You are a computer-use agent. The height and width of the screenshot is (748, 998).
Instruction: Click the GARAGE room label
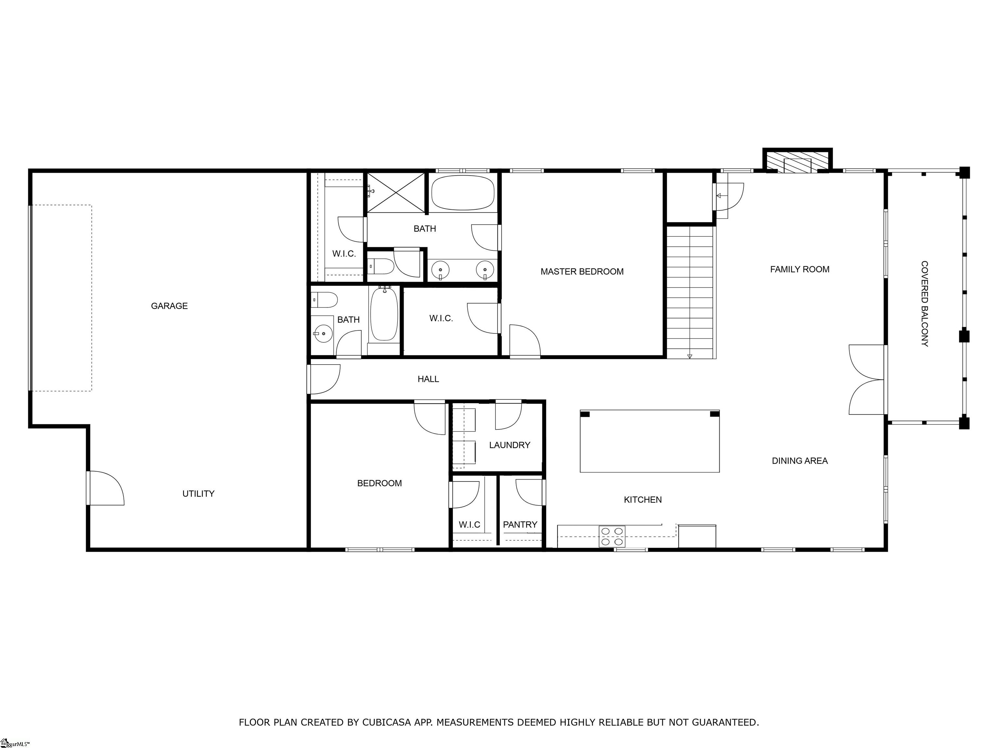[169, 306]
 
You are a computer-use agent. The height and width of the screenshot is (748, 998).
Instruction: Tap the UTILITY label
[198, 494]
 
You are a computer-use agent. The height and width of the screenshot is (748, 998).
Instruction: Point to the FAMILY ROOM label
[799, 269]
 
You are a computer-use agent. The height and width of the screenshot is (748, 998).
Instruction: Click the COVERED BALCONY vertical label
[925, 304]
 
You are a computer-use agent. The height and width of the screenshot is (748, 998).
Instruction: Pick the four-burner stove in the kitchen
[612, 537]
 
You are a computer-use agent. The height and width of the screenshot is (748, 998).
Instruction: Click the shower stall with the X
[396, 193]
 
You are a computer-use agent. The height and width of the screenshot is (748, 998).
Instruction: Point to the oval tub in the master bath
[463, 193]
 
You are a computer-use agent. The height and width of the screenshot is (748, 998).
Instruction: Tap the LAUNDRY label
[509, 445]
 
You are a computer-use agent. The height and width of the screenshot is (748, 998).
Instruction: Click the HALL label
[428, 380]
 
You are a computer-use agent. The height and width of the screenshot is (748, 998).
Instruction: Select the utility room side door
[106, 488]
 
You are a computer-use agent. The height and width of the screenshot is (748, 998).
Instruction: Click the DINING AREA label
[799, 461]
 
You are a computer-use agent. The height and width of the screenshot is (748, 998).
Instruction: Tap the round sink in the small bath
[323, 334]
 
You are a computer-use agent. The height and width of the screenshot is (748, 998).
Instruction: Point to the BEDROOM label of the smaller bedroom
[379, 483]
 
